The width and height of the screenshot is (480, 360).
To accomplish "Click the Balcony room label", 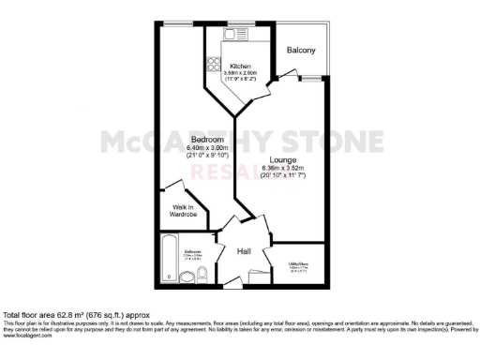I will [x=301, y=50].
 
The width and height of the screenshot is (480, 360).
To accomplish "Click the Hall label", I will [x=243, y=251].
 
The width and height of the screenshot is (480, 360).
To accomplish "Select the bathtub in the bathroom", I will [x=168, y=259].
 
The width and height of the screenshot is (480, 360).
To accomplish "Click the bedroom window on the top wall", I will [x=175, y=22].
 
